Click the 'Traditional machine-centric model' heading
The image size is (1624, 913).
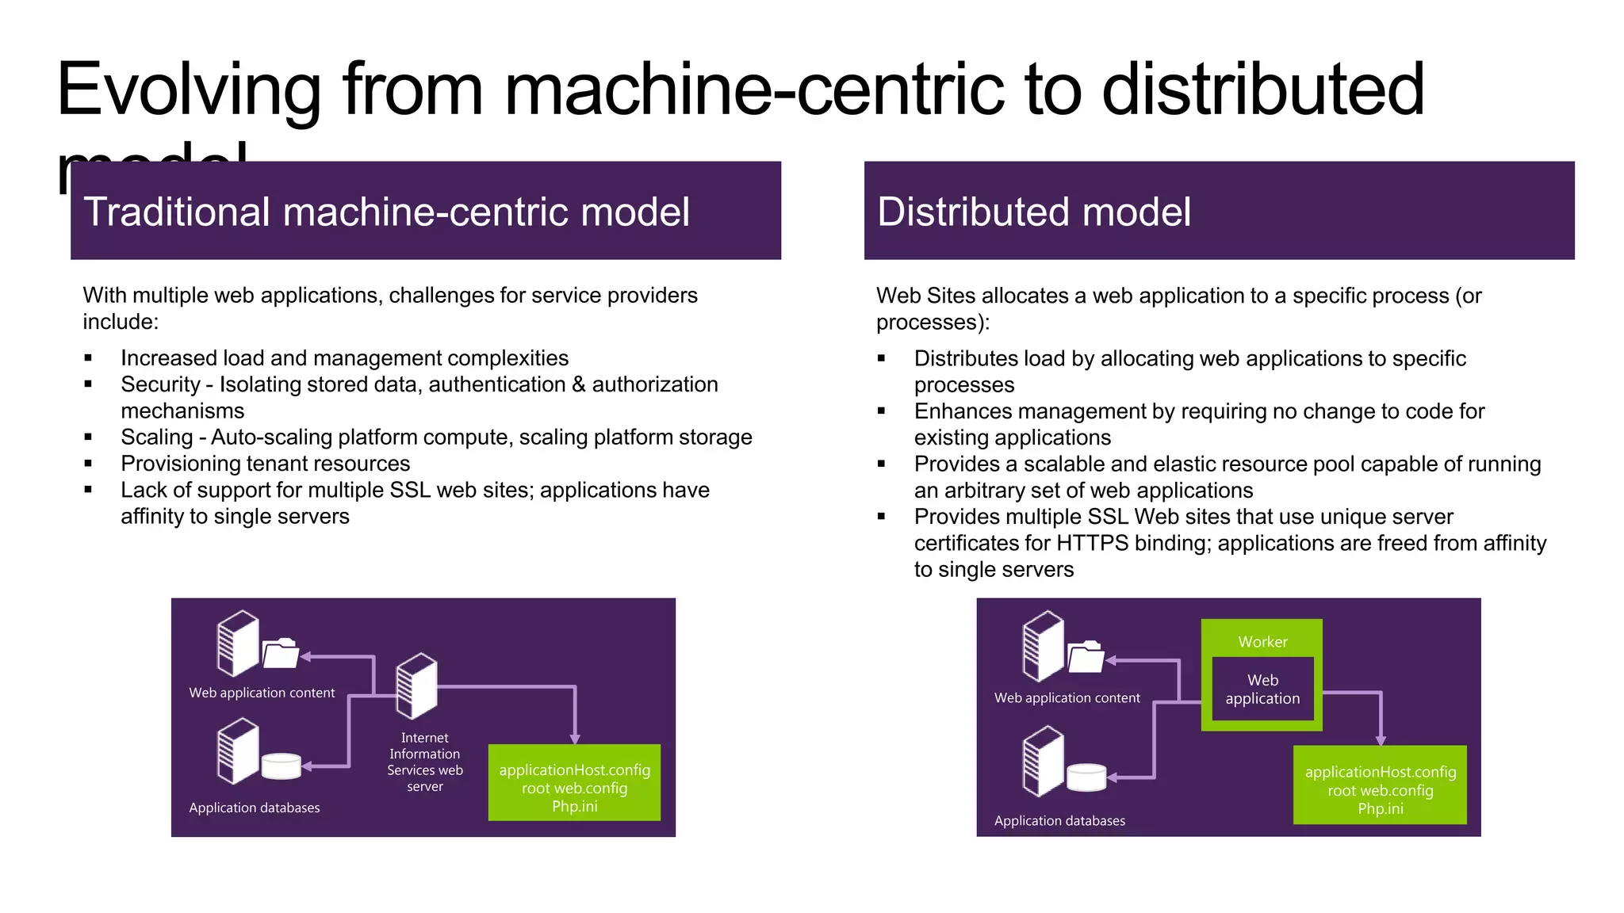[386, 212]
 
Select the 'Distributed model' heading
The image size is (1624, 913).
[1033, 212]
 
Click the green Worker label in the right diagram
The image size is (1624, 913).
[1262, 641]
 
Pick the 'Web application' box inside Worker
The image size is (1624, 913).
[1262, 690]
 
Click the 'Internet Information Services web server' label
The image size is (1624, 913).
[424, 762]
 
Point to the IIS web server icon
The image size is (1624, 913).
[417, 685]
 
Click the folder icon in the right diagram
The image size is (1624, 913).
[1086, 657]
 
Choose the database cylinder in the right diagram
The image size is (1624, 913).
[1086, 777]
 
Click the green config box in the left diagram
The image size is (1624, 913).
[574, 783]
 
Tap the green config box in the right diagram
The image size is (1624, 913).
[1380, 785]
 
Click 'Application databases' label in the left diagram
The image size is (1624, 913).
[255, 808]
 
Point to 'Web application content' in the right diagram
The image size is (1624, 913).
[1067, 698]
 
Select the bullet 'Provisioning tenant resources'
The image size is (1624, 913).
[265, 464]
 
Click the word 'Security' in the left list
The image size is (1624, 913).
[160, 384]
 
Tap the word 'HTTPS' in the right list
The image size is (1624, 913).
[1092, 544]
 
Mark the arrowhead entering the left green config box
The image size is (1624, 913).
[575, 739]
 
